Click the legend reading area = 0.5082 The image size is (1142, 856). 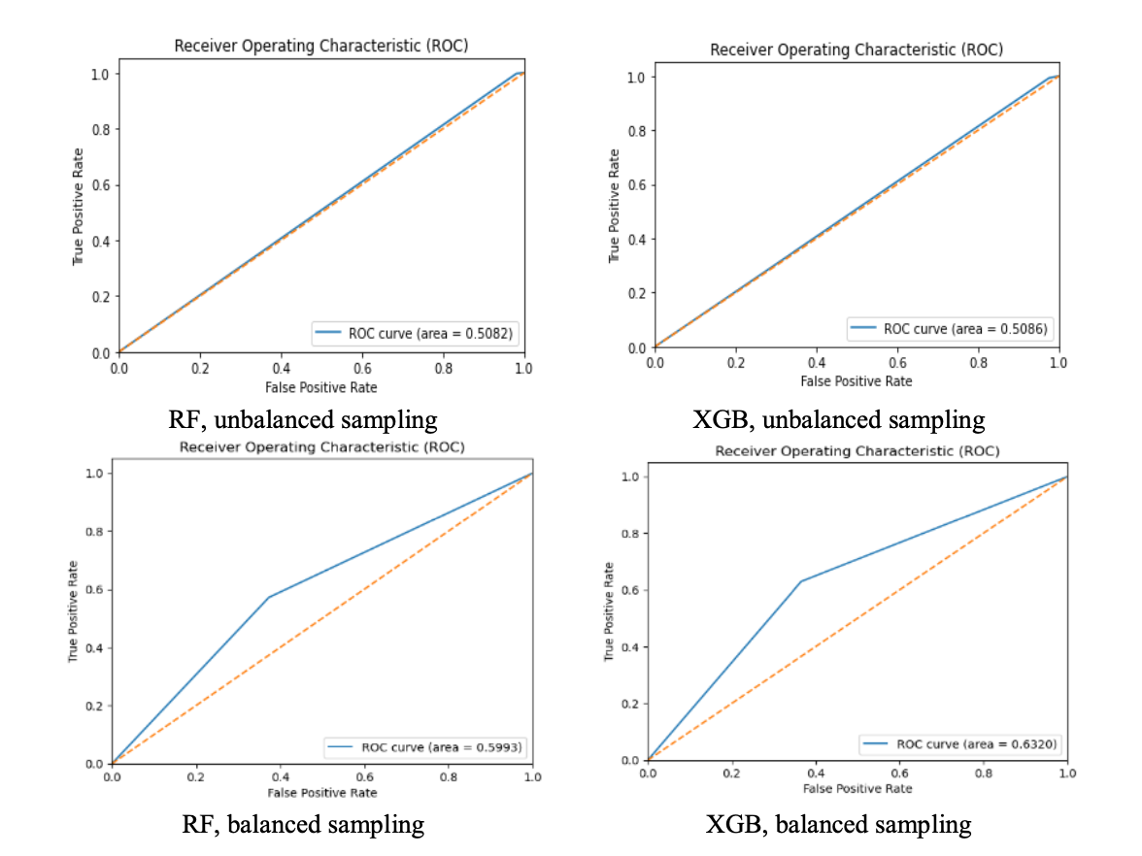417,334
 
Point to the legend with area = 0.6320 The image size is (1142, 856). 958,743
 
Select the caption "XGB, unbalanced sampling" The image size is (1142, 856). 839,419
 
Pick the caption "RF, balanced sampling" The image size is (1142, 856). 303,824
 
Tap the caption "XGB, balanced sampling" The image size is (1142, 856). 839,824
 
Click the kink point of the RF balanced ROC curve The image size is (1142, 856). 269,597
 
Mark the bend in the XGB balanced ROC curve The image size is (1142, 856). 800,581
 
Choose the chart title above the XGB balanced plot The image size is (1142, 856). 856,451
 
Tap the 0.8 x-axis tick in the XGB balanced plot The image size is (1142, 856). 984,774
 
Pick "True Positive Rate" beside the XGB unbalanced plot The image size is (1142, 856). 614,206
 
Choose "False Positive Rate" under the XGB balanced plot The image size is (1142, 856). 856,788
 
